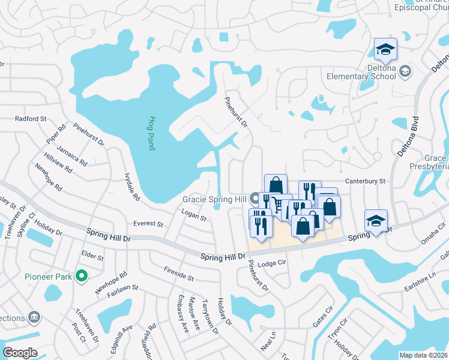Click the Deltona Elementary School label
(361, 72)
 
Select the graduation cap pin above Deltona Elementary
(385, 50)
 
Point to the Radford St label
(31, 119)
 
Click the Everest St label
(148, 224)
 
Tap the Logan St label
(194, 214)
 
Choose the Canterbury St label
(364, 181)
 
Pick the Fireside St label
(178, 274)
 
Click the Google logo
(20, 353)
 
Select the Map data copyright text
(423, 355)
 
